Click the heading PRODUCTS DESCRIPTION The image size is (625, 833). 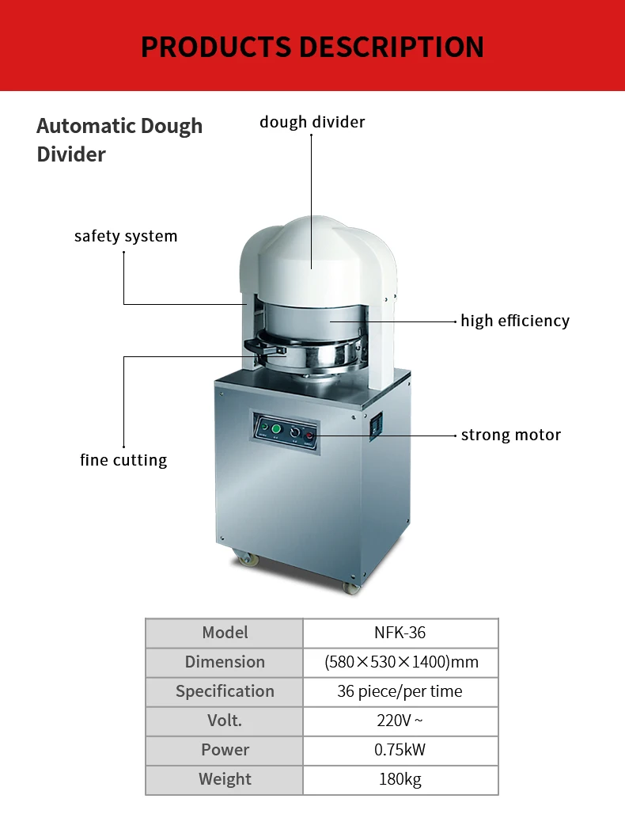click(x=312, y=47)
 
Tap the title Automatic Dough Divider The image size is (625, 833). click(x=119, y=140)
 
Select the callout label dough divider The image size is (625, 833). click(x=312, y=122)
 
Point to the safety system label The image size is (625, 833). click(x=126, y=236)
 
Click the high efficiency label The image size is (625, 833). click(x=515, y=321)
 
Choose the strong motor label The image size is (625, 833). click(x=511, y=435)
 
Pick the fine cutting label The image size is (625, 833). click(x=123, y=460)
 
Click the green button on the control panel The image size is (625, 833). click(x=276, y=428)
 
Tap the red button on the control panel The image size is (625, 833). click(x=309, y=436)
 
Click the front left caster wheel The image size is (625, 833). click(x=244, y=559)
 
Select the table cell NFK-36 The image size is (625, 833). click(x=400, y=633)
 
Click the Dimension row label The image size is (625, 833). click(x=225, y=662)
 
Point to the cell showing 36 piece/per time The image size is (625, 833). click(x=400, y=691)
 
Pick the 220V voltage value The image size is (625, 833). click(x=400, y=721)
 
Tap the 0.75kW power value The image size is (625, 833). click(x=400, y=750)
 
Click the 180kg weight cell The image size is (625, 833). click(x=400, y=779)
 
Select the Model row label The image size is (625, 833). click(x=225, y=633)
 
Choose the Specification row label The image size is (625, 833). click(x=225, y=691)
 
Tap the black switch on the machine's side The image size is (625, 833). click(x=377, y=425)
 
